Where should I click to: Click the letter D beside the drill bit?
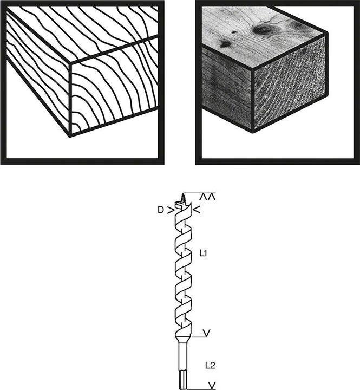point(161,210)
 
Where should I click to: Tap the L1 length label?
point(203,253)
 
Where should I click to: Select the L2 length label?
point(210,366)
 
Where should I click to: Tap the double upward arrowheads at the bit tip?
point(207,197)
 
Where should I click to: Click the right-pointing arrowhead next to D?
point(171,211)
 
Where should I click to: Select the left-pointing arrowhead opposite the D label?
point(197,210)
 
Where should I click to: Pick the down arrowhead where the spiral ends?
point(207,333)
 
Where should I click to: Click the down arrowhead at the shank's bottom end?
point(212,385)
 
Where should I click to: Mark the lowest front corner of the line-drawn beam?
point(70,136)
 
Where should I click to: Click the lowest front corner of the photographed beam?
point(253,132)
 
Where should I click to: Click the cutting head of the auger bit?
point(184,208)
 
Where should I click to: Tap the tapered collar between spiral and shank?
point(184,339)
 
